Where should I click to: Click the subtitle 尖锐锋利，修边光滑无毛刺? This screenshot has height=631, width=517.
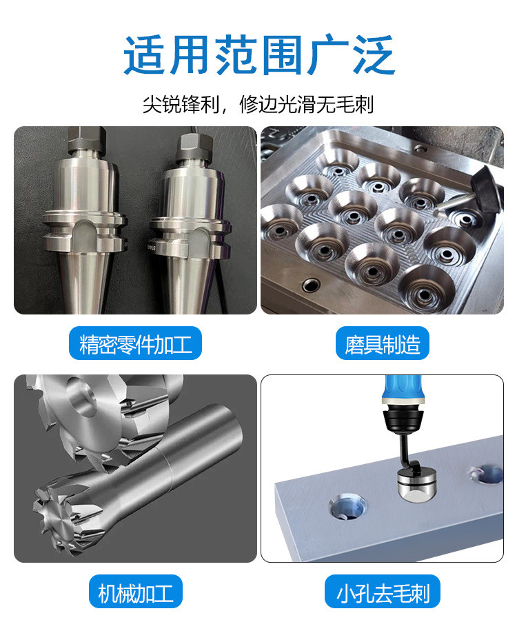(x=258, y=105)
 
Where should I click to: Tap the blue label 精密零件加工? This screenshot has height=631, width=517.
(x=135, y=343)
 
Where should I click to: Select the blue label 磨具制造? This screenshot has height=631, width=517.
(x=382, y=343)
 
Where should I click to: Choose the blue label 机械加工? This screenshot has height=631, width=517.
(x=135, y=592)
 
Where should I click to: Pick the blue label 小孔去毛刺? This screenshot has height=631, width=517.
(x=382, y=592)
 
